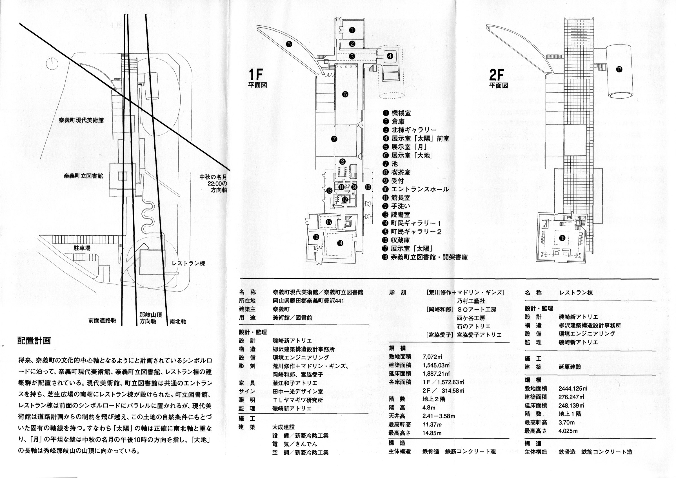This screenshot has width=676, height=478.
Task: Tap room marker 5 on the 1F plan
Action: pyautogui.click(x=289, y=44)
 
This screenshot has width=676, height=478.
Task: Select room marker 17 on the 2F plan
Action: pyautogui.click(x=619, y=70)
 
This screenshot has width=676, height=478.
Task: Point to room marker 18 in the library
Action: pyautogui.click(x=562, y=238)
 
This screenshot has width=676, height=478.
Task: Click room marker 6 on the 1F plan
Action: pyautogui.click(x=345, y=94)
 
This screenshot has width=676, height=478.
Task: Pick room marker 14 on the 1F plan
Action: pyautogui.click(x=340, y=243)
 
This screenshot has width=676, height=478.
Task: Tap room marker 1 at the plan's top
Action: pyautogui.click(x=352, y=30)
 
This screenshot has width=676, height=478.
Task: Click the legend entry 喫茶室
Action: pyautogui.click(x=401, y=172)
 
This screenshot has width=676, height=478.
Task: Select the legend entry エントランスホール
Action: pyautogui.click(x=420, y=189)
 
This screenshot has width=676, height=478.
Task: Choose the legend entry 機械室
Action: pyautogui.click(x=401, y=113)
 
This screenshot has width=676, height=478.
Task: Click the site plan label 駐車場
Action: pyautogui.click(x=82, y=248)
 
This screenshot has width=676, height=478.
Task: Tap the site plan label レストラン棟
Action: pyautogui.click(x=188, y=263)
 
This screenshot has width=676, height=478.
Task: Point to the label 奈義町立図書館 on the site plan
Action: pyautogui.click(x=83, y=176)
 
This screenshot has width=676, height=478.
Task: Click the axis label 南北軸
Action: pyautogui.click(x=178, y=322)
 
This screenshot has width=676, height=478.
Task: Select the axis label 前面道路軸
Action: pyautogui.click(x=102, y=320)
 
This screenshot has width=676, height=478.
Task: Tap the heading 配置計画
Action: pyautogui.click(x=34, y=341)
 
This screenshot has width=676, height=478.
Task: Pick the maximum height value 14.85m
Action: pyautogui.click(x=432, y=433)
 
